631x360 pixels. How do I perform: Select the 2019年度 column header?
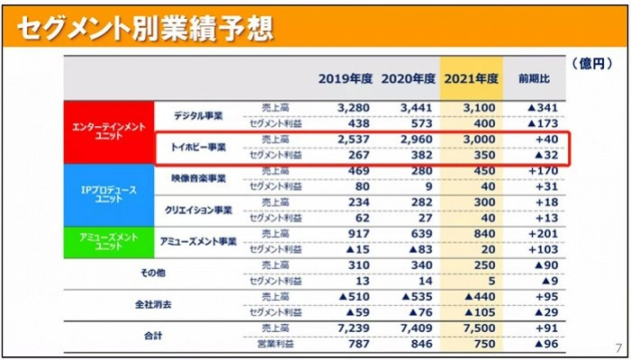(x=346, y=77)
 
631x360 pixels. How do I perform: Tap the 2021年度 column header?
(x=472, y=77)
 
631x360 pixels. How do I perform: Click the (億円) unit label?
(x=591, y=64)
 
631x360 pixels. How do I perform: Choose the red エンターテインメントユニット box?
(x=108, y=130)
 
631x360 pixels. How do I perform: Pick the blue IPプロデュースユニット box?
(x=108, y=193)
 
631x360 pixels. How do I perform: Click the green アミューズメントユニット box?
(x=108, y=240)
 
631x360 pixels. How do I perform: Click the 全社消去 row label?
(x=154, y=304)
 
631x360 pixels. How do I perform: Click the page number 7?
(x=617, y=348)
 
